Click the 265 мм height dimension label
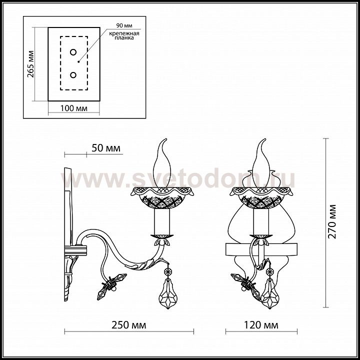click(31, 64)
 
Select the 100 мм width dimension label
click(73, 108)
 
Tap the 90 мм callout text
click(124, 25)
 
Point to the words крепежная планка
click(124, 35)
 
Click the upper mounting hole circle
click(73, 52)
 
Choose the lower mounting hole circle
click(73, 75)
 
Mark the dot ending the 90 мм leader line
click(78, 61)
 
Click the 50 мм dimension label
click(106, 148)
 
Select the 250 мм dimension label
click(129, 325)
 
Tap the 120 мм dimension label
click(261, 325)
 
